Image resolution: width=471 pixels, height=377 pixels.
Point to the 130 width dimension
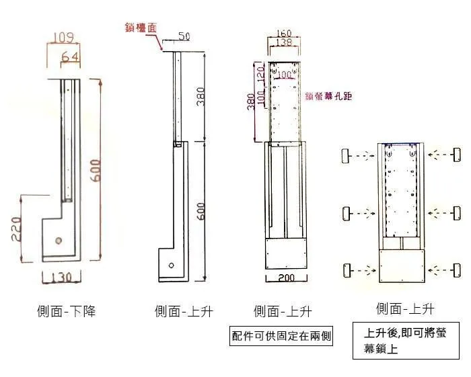(61, 278)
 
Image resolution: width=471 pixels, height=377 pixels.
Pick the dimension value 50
(183, 36)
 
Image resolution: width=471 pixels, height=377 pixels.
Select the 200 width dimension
(285, 278)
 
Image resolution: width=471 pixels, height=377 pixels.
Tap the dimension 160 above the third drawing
(284, 34)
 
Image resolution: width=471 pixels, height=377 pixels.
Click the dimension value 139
(284, 43)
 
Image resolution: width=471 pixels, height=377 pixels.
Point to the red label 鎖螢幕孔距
(328, 97)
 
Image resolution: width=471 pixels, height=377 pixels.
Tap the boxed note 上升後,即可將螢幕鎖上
(405, 341)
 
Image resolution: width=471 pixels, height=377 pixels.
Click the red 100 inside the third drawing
(286, 75)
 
